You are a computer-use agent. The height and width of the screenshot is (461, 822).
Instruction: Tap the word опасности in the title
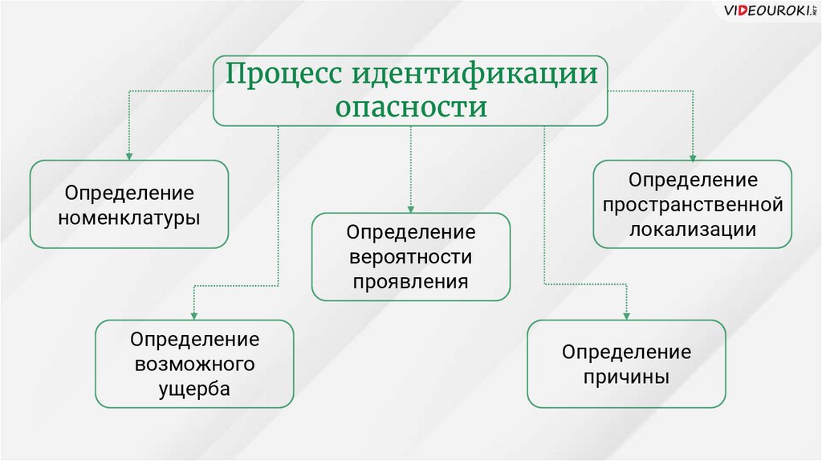[x=411, y=107]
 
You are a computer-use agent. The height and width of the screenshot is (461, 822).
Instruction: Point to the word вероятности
[x=411, y=257]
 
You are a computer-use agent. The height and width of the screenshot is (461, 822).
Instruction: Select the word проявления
[x=411, y=282]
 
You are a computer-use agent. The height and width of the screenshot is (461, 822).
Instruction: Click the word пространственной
[x=693, y=204]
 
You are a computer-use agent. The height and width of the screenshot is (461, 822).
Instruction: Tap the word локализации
[x=693, y=229]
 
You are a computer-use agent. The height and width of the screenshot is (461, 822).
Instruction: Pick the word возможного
[x=195, y=364]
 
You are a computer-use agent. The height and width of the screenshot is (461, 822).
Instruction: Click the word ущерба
[x=195, y=390]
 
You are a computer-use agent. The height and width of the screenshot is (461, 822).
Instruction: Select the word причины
[x=626, y=377]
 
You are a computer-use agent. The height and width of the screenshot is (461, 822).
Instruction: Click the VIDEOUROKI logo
[x=766, y=12]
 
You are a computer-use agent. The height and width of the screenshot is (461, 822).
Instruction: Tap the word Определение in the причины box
[x=626, y=352]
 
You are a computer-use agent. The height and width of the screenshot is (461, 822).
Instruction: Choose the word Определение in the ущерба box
[x=195, y=339]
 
